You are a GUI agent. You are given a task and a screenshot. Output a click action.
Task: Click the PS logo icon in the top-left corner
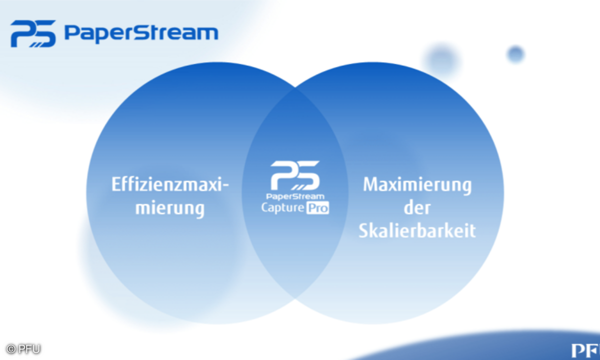pos(33,33)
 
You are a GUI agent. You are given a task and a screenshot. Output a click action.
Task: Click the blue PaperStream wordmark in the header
pos(141,33)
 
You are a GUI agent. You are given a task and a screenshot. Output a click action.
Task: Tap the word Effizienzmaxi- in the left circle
pos(170,184)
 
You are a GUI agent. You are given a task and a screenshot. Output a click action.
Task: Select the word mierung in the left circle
pos(170,207)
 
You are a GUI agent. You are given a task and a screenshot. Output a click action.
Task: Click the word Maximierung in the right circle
pos(417,184)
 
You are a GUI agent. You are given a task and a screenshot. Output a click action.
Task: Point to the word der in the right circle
pos(417,207)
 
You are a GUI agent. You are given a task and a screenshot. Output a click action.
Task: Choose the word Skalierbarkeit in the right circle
pos(417,231)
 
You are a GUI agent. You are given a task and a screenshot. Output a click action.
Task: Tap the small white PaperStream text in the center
pos(295,196)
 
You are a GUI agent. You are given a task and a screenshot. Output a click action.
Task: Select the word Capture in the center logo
pos(282,207)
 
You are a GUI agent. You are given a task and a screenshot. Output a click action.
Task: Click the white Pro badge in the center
pos(317,207)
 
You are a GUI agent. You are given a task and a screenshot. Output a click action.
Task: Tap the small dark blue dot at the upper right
pos(515,54)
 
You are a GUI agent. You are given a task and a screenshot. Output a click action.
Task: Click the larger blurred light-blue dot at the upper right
pos(442,60)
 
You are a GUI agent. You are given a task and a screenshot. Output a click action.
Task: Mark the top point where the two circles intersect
pos(295,89)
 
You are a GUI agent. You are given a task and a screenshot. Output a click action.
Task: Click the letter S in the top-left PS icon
pos(44,33)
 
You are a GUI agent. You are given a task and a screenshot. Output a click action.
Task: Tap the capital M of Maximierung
pos(370,184)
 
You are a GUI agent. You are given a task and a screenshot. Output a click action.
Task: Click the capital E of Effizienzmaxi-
pos(115,184)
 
